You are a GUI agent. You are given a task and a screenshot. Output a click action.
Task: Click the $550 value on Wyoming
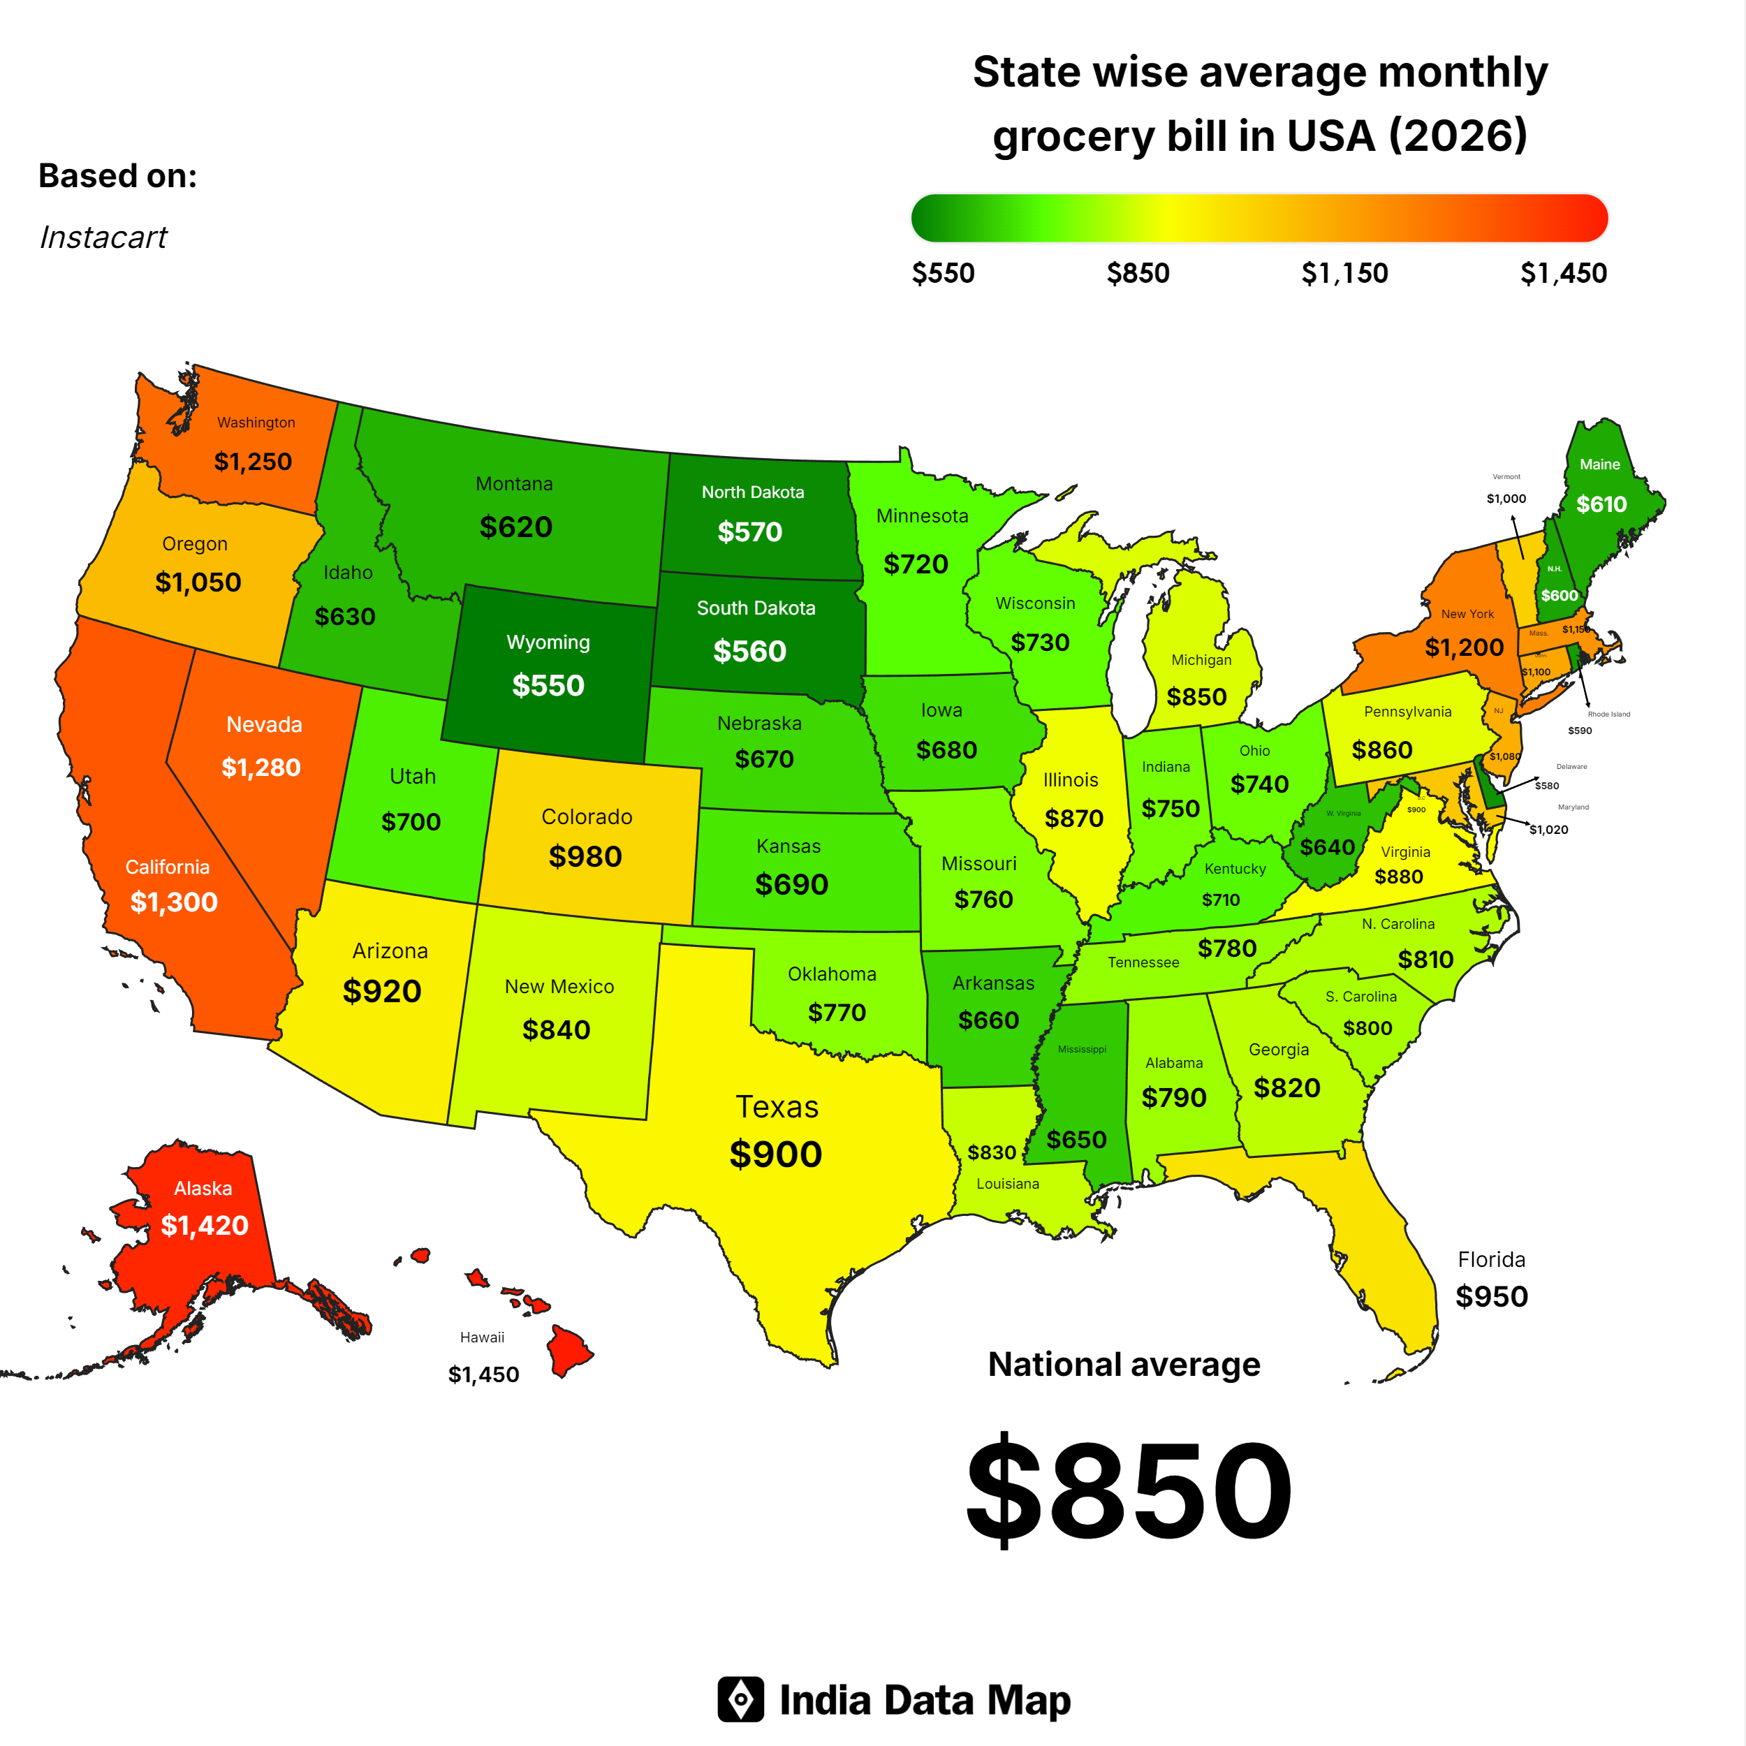pyautogui.click(x=548, y=685)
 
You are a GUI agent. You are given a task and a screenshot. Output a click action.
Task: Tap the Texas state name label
pyautogui.click(x=777, y=1107)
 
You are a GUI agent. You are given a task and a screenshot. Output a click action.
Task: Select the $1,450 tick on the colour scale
pyautogui.click(x=1562, y=273)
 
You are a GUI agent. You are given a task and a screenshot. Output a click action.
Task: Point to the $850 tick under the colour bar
pyautogui.click(x=1138, y=273)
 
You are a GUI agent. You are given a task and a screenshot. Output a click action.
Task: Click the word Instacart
pyautogui.click(x=103, y=237)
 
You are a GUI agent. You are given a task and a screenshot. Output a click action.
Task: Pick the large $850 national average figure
pyautogui.click(x=1129, y=1490)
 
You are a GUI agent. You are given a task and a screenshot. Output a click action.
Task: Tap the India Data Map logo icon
pyautogui.click(x=740, y=1700)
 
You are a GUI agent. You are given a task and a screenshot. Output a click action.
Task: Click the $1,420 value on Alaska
pyautogui.click(x=204, y=1226)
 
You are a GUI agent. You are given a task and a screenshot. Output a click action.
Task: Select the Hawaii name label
pyautogui.click(x=482, y=1337)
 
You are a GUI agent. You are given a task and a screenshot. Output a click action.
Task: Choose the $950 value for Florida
pyautogui.click(x=1491, y=1297)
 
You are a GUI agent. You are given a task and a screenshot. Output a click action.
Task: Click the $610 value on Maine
pyautogui.click(x=1601, y=504)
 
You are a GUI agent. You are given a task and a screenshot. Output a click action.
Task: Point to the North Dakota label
pyautogui.click(x=753, y=492)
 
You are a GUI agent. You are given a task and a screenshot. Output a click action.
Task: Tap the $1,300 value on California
pyautogui.click(x=173, y=902)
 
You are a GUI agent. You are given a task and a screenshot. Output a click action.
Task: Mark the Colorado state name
pyautogui.click(x=587, y=817)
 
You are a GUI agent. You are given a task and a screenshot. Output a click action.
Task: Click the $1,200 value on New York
pyautogui.click(x=1464, y=647)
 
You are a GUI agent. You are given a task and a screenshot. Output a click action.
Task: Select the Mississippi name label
pyautogui.click(x=1082, y=1049)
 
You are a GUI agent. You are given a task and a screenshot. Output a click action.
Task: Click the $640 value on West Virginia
pyautogui.click(x=1327, y=846)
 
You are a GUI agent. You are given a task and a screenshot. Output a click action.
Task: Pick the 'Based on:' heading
pyautogui.click(x=117, y=175)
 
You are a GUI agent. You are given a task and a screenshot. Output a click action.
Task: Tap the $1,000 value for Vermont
pyautogui.click(x=1506, y=499)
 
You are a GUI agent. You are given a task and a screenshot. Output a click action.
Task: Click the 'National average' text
pyautogui.click(x=1123, y=1365)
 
